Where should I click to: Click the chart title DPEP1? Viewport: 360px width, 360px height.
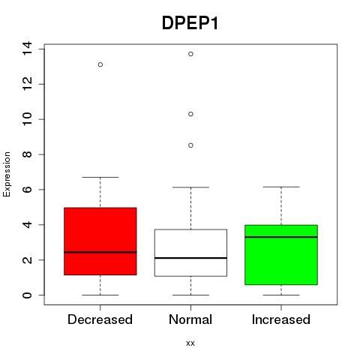(x=190, y=23)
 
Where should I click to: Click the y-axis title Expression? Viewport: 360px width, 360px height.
(x=7, y=174)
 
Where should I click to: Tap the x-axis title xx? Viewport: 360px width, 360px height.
(x=190, y=343)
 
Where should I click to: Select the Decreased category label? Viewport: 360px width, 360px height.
(x=100, y=319)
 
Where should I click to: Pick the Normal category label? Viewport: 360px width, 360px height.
(x=190, y=319)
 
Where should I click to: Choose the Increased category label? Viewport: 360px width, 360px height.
(x=281, y=319)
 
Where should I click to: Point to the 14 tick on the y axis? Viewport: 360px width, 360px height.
(x=27, y=49)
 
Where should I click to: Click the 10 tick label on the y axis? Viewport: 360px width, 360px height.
(x=27, y=119)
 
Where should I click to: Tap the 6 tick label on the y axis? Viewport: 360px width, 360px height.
(x=27, y=189)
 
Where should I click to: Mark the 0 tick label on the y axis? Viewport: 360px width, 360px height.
(x=27, y=295)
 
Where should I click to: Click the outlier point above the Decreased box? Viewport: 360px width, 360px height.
(x=100, y=64)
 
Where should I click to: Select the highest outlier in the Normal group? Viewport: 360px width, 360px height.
(x=190, y=54)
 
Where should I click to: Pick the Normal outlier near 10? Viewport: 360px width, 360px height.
(x=190, y=114)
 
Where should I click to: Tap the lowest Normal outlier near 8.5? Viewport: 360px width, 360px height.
(x=190, y=145)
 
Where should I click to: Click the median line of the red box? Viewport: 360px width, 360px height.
(x=100, y=252)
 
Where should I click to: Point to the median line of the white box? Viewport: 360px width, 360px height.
(x=190, y=258)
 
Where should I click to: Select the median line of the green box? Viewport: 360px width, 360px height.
(x=281, y=237)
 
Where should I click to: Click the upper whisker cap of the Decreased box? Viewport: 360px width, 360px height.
(x=100, y=177)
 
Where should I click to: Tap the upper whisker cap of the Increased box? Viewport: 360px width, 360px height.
(x=281, y=187)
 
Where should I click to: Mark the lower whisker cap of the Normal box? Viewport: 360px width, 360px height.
(x=190, y=295)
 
